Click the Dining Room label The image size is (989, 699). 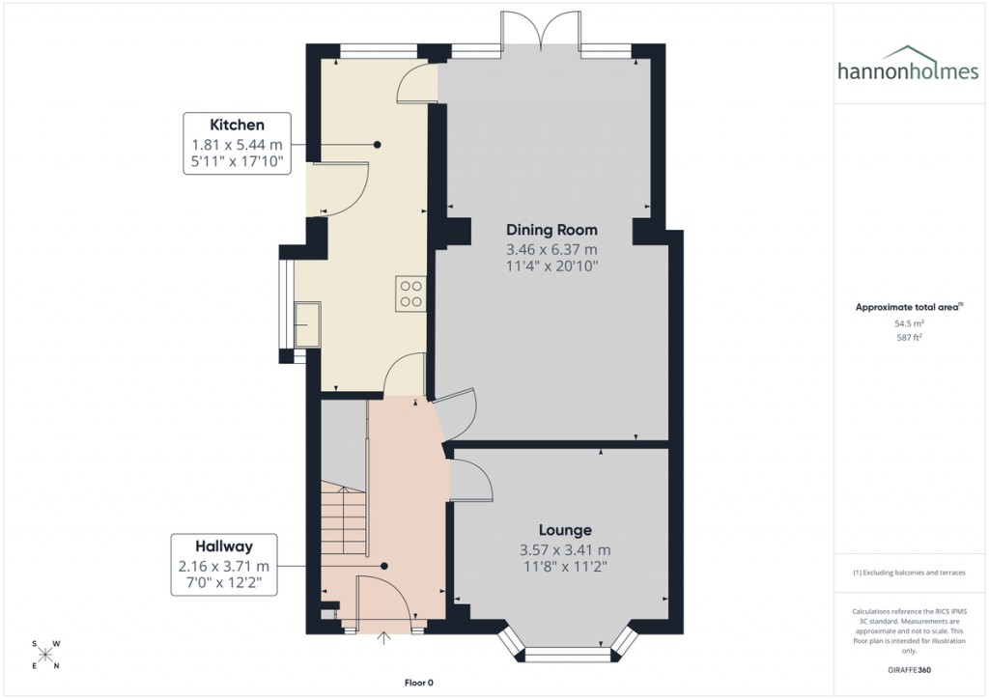[x=551, y=230]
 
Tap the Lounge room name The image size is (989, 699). [x=565, y=530]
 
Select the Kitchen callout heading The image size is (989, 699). [x=237, y=125]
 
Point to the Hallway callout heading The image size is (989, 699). [x=224, y=546]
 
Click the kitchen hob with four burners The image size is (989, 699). [x=410, y=293]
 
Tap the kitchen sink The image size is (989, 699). [x=310, y=323]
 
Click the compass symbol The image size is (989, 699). [x=45, y=655]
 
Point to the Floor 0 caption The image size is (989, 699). [x=419, y=683]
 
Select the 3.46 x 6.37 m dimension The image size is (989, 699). [x=551, y=249]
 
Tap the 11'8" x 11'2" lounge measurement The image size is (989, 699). [x=565, y=567]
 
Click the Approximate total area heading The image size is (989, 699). [x=908, y=307]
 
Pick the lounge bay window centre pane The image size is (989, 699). [x=568, y=656]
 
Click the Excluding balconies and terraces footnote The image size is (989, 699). [x=908, y=573]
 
